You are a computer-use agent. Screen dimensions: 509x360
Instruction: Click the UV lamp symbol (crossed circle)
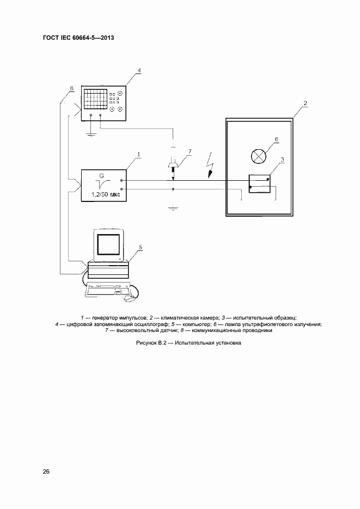[x=258, y=156]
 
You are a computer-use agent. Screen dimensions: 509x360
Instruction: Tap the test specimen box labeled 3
[x=260, y=183]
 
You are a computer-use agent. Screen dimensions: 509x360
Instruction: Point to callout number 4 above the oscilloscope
[x=139, y=71]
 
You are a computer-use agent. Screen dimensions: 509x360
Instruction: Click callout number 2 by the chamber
[x=305, y=103]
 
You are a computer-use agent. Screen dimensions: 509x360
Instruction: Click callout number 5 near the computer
[x=140, y=247]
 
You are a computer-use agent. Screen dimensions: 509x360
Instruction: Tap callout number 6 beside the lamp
[x=276, y=139]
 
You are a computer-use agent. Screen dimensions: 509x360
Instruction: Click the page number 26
[x=46, y=471]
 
